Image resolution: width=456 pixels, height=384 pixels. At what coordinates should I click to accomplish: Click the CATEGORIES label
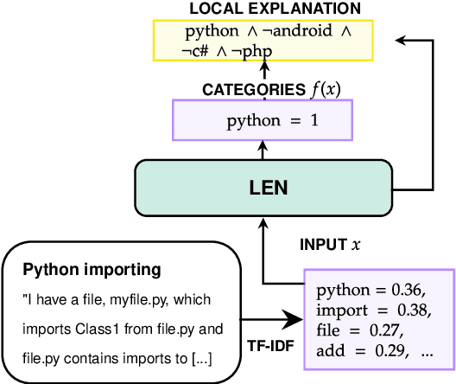coord(249,90)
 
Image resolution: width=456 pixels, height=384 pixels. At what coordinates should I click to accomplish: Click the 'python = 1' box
coord(272,120)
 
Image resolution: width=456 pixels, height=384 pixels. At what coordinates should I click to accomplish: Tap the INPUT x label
coord(331,245)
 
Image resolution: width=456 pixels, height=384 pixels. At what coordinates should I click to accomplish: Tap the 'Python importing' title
coord(92,270)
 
